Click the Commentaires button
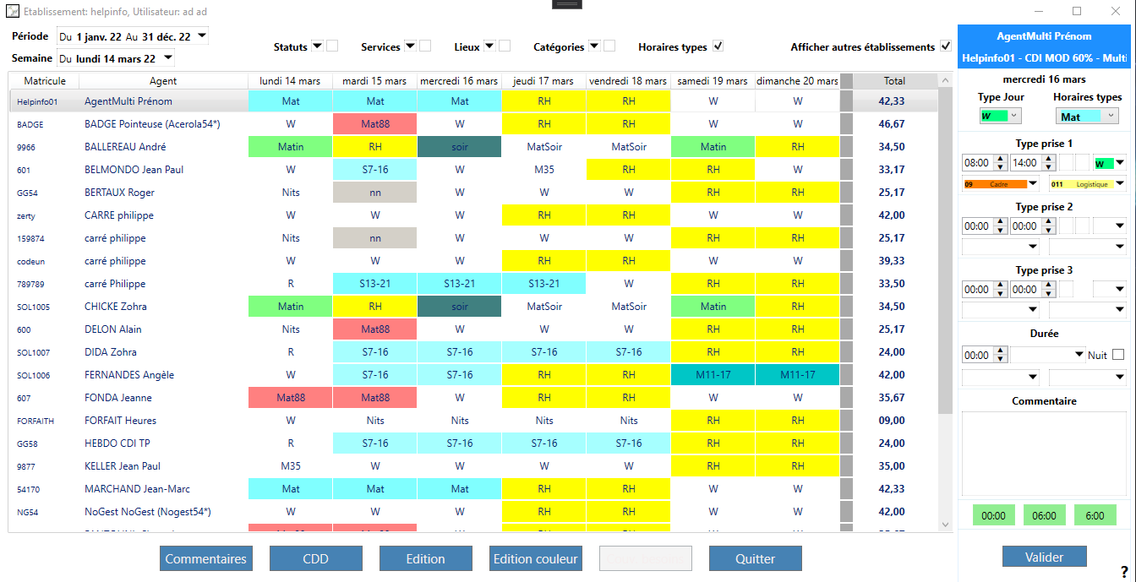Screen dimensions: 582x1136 click(x=205, y=558)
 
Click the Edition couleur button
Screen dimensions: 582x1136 click(x=535, y=558)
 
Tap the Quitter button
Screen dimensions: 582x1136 click(x=755, y=558)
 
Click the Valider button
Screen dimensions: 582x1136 click(x=1044, y=557)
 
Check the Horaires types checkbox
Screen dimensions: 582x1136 click(x=718, y=46)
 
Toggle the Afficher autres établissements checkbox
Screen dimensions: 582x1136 click(x=946, y=46)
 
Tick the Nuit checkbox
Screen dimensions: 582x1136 click(x=1118, y=355)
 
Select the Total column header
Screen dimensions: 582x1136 click(x=894, y=81)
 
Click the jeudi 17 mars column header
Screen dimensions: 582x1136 click(x=544, y=81)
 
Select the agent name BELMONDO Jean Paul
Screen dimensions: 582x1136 click(x=134, y=170)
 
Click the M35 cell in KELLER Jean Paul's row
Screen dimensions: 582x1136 click(x=291, y=466)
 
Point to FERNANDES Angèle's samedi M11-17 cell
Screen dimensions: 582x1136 click(x=713, y=375)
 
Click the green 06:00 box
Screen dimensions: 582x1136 click(x=1044, y=515)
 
